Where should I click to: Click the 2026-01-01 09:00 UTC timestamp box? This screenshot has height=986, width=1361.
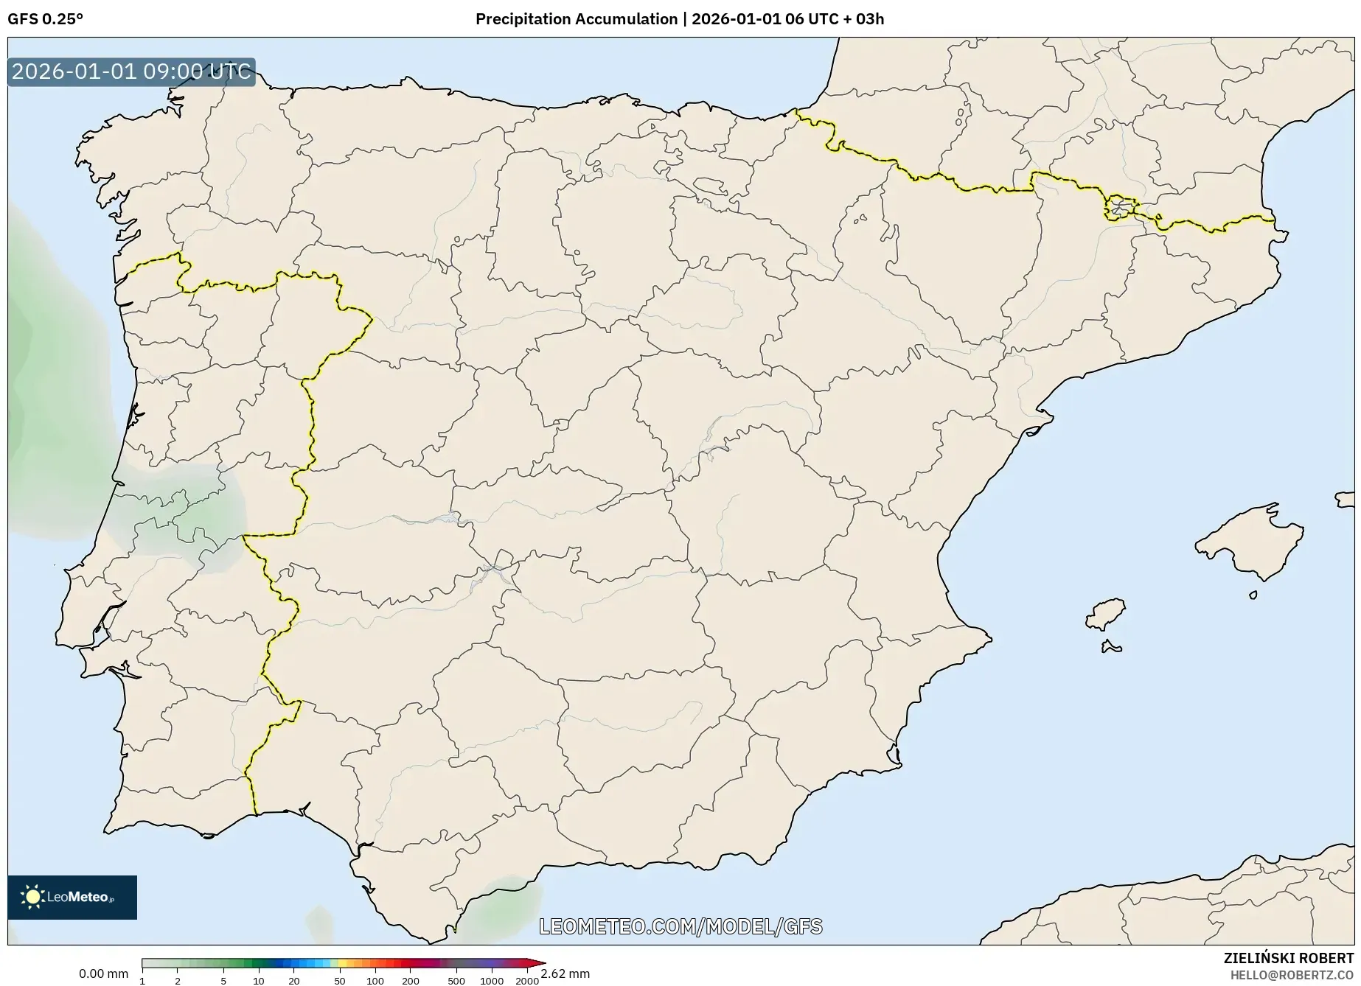(x=131, y=71)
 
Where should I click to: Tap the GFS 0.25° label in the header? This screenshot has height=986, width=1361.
(x=45, y=19)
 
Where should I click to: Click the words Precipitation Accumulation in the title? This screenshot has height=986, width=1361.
(x=576, y=19)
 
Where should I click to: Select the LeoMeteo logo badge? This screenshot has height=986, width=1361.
(x=72, y=897)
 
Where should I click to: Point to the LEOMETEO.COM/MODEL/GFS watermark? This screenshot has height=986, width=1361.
(x=680, y=926)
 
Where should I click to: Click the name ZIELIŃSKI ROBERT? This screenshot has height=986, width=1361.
(x=1288, y=959)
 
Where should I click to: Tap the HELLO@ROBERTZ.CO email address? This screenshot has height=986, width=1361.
(x=1292, y=975)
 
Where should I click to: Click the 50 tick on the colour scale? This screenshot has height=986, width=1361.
(x=339, y=980)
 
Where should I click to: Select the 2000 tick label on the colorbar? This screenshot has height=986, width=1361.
(x=526, y=980)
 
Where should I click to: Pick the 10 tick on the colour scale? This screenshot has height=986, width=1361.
(x=258, y=980)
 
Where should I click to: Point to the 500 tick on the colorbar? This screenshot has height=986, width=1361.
(x=456, y=980)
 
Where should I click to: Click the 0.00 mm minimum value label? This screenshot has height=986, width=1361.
(x=103, y=973)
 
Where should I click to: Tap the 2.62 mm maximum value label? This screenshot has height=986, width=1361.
(x=565, y=973)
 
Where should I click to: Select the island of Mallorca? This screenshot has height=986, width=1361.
(x=1250, y=542)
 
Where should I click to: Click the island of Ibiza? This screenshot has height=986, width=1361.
(x=1106, y=613)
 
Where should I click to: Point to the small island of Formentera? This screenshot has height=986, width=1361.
(x=1111, y=648)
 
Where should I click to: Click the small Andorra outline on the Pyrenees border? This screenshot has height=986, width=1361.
(x=1119, y=208)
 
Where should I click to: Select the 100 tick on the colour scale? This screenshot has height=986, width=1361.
(x=375, y=980)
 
